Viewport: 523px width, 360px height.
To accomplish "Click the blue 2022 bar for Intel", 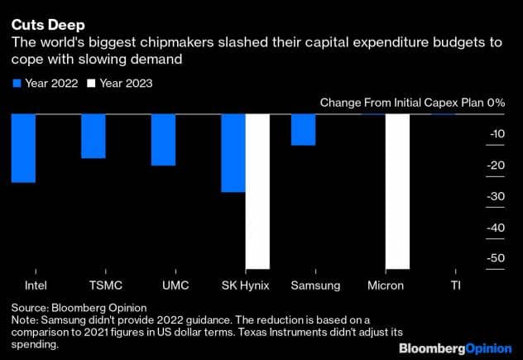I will click(23, 148).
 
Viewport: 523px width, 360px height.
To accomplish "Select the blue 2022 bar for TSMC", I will click(93, 136).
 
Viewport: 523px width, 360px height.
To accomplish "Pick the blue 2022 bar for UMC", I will click(163, 140).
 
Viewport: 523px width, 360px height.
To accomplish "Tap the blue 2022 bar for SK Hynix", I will click(233, 153).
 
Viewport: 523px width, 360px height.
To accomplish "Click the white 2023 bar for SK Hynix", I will click(258, 191).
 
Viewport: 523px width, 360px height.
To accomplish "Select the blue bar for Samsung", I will click(304, 130).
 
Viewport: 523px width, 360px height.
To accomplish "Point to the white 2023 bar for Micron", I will click(399, 191).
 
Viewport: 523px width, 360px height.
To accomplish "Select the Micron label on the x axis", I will click(386, 286).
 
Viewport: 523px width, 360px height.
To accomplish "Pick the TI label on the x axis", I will click(455, 286).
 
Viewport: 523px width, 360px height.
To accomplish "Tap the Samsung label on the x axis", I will click(315, 286).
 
